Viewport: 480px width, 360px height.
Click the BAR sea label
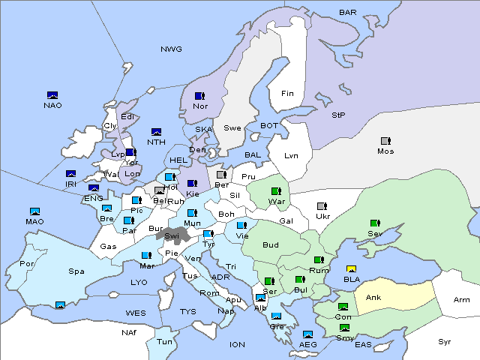click(348, 13)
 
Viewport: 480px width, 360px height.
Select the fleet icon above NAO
click(52, 95)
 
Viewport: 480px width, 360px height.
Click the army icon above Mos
click(385, 141)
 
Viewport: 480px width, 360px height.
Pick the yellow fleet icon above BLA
click(351, 269)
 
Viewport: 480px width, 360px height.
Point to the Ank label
click(373, 298)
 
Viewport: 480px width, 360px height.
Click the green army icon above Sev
click(374, 223)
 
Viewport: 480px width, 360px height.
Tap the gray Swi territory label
click(172, 235)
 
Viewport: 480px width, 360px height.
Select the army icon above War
click(275, 191)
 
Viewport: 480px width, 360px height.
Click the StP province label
click(338, 115)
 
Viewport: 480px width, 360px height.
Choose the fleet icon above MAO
click(34, 212)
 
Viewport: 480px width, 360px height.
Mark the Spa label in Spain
click(76, 271)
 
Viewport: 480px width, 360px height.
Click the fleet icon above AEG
click(307, 334)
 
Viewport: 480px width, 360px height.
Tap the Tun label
click(164, 341)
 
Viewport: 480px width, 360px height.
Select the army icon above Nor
click(199, 96)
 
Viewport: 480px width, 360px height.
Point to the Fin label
click(287, 94)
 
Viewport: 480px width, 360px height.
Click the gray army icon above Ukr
click(322, 206)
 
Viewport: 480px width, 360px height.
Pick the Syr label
click(445, 341)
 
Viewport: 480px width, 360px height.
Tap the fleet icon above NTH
click(157, 132)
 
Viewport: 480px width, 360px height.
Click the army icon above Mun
click(192, 213)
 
